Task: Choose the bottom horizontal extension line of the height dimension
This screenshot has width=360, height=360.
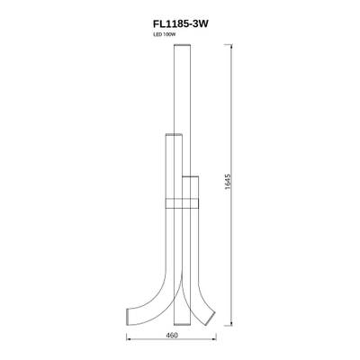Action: click(220, 326)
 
